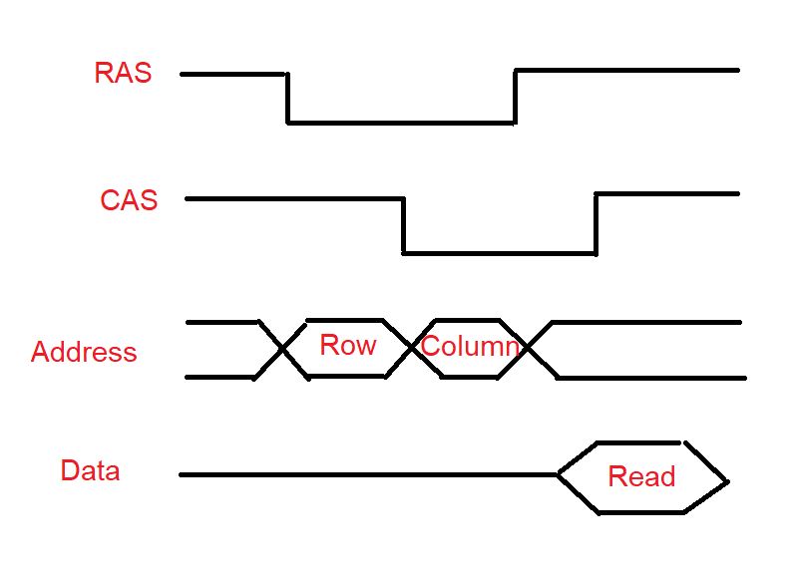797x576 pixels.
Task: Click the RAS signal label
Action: click(123, 73)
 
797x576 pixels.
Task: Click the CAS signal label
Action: click(129, 199)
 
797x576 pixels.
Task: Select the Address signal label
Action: click(84, 353)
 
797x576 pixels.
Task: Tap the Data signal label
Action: click(90, 470)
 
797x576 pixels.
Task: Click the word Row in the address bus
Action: click(347, 346)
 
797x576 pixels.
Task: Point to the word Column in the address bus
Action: click(470, 347)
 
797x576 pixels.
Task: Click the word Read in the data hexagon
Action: click(641, 476)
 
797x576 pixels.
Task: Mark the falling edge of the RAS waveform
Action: click(288, 98)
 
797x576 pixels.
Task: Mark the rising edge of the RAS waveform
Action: click(515, 97)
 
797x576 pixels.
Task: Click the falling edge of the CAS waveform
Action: click(403, 226)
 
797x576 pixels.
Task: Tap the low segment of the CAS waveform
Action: click(499, 253)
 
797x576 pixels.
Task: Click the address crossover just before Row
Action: click(283, 349)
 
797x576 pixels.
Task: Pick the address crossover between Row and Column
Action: click(413, 348)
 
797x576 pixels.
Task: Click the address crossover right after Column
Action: click(528, 348)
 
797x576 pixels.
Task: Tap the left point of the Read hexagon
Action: click(558, 475)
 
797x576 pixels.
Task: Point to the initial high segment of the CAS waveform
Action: click(294, 199)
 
